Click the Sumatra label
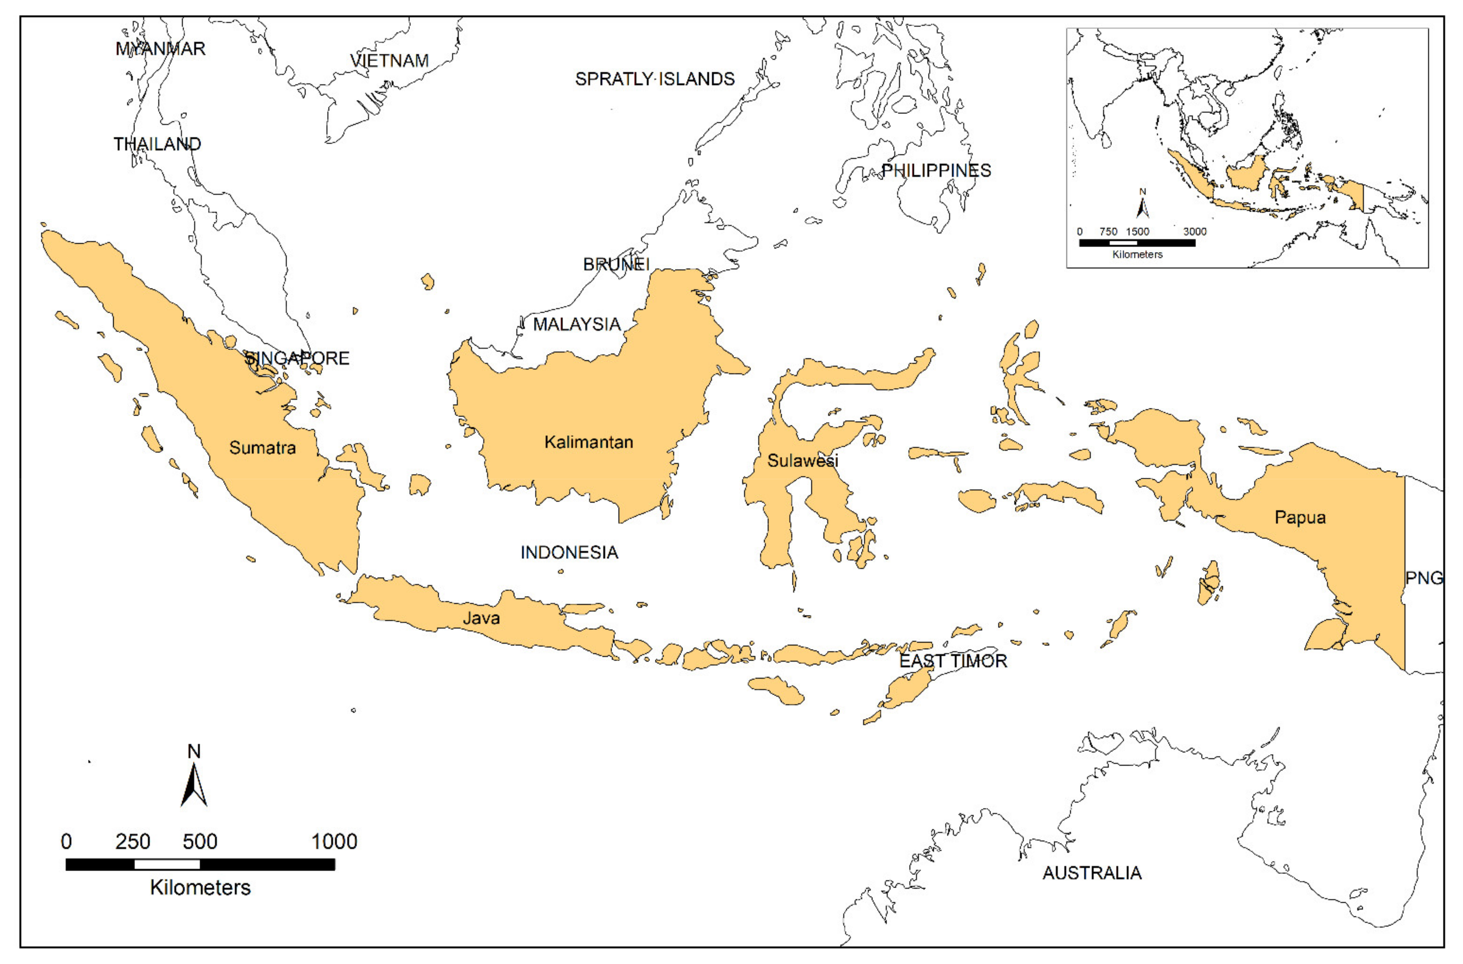[262, 447]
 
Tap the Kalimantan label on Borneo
[588, 442]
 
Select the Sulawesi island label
[802, 460]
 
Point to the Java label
[481, 617]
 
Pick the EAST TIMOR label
[953, 661]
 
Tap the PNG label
[1424, 578]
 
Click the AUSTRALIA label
[1092, 872]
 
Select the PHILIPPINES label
[936, 170]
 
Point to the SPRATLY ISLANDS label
[655, 79]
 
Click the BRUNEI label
[616, 264]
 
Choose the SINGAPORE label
[297, 358]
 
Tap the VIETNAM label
[389, 60]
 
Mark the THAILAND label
[157, 144]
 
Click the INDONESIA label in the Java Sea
[569, 552]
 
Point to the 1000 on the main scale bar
[334, 842]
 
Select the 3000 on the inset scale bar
[1194, 232]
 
